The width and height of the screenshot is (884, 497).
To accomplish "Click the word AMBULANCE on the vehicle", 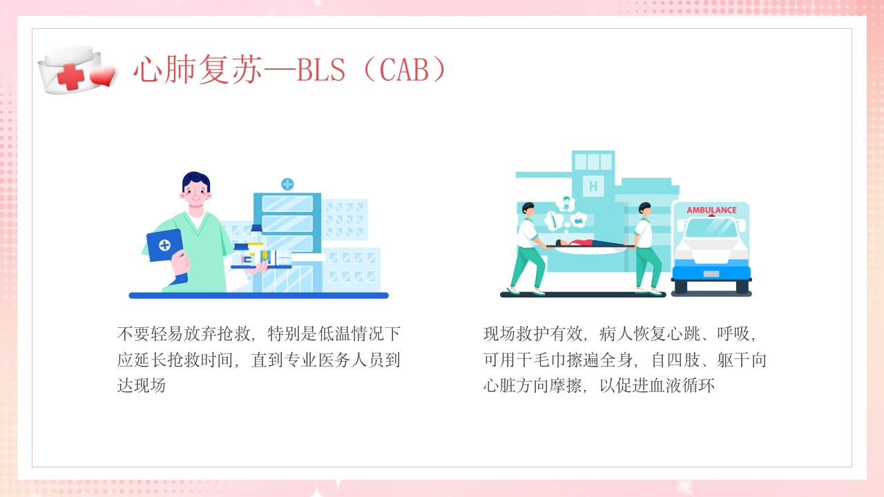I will pyautogui.click(x=711, y=210).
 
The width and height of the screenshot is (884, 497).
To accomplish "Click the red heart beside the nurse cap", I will pyautogui.click(x=103, y=77).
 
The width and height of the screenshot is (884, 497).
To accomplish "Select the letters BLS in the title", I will pyautogui.click(x=320, y=70).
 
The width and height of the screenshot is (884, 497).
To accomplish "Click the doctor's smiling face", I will pyautogui.click(x=196, y=191).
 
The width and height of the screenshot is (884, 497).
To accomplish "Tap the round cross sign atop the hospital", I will pyautogui.click(x=287, y=184).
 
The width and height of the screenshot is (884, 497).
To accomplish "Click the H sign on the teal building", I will pyautogui.click(x=593, y=186).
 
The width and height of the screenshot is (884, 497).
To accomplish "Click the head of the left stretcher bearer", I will pyautogui.click(x=528, y=208).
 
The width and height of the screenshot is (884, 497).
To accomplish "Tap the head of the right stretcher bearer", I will pyautogui.click(x=644, y=208).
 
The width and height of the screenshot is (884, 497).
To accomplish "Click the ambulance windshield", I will pyautogui.click(x=711, y=228).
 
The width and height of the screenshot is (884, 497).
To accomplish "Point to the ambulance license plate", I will pyautogui.click(x=711, y=274).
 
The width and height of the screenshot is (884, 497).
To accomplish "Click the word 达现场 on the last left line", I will pyautogui.click(x=142, y=385).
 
